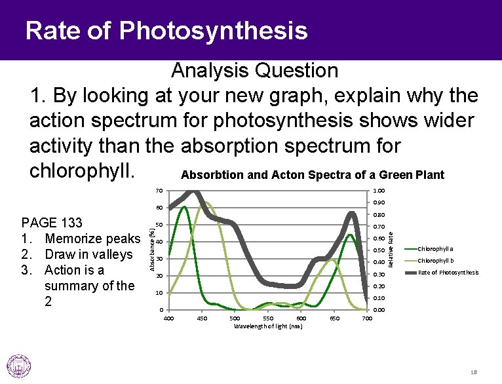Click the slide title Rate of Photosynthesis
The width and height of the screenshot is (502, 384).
tap(166, 30)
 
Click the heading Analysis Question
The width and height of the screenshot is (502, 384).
tap(254, 70)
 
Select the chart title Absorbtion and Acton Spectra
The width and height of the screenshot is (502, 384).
tap(312, 175)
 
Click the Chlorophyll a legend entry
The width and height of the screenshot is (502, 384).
tap(435, 249)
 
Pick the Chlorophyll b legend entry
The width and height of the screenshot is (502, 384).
tap(435, 261)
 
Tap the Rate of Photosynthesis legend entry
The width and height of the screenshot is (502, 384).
tap(448, 273)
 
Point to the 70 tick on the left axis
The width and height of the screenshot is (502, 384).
tap(159, 191)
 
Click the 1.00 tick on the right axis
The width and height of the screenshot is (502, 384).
tap(379, 191)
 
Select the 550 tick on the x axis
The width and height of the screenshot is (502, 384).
tap(268, 318)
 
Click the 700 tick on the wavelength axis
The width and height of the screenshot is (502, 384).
tap(368, 318)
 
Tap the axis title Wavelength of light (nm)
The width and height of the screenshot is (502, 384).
tap(268, 326)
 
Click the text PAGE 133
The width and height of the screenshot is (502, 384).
tap(52, 223)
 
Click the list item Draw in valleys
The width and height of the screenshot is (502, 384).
tap(88, 254)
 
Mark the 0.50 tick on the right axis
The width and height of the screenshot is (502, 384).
tap(379, 250)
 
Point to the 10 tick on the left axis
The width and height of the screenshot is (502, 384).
tap(159, 293)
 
